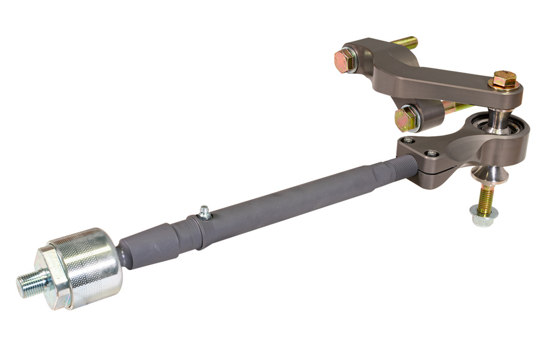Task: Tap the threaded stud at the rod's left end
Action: pyautogui.click(x=30, y=282)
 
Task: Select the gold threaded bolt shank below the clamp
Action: pyautogui.click(x=485, y=196)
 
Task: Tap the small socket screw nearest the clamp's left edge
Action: pyautogui.click(x=409, y=140)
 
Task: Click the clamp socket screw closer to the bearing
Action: pyautogui.click(x=431, y=154)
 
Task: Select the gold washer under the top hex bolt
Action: pyautogui.click(x=505, y=86)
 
